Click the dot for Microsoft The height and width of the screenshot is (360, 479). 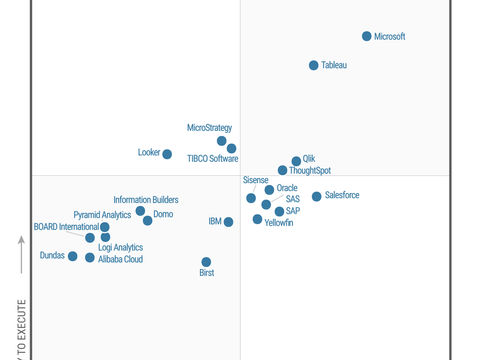tap(366, 36)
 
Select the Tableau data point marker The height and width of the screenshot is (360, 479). tap(313, 65)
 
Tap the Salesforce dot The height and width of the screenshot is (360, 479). tap(317, 196)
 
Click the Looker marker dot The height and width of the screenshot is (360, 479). tap(167, 154)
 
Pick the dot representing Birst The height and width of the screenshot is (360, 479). tap(206, 262)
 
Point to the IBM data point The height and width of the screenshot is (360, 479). tap(229, 222)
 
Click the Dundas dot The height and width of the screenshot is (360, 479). tap(72, 257)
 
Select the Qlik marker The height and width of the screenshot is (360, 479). tap(296, 161)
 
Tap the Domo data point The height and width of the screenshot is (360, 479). tap(147, 220)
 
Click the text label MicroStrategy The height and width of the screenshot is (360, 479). tap(210, 128)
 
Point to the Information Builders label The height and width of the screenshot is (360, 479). tap(146, 200)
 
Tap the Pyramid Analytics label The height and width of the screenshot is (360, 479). tap(102, 215)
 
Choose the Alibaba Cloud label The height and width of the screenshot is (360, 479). tap(120, 259)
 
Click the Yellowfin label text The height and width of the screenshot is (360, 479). tap(279, 222)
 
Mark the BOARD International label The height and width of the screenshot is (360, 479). tap(66, 227)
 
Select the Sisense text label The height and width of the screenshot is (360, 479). tap(256, 180)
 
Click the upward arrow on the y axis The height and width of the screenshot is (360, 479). tap(21, 255)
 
